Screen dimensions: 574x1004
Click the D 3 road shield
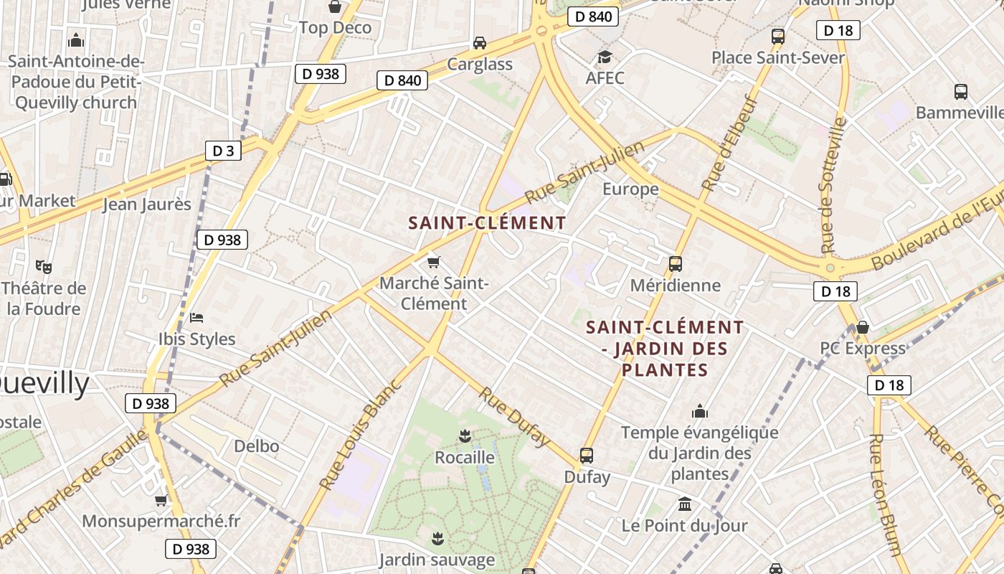(x=224, y=151)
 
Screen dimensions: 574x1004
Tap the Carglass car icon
(x=480, y=43)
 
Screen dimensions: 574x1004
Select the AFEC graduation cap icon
(x=605, y=57)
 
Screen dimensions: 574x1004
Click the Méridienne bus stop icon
(x=675, y=263)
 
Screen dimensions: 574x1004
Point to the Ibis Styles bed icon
(x=196, y=317)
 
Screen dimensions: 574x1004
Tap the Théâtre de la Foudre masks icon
(x=44, y=267)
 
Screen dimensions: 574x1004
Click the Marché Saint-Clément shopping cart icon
(x=433, y=262)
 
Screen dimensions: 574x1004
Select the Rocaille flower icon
(x=465, y=435)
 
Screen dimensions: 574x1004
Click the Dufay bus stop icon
(x=587, y=455)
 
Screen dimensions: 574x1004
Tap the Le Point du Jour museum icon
(x=684, y=504)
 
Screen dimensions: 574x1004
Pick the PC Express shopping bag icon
(x=863, y=327)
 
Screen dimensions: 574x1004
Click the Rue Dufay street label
(x=514, y=416)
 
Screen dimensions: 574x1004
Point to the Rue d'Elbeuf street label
(x=730, y=143)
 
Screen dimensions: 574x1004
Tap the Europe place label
(x=630, y=189)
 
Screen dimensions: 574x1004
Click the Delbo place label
(x=257, y=446)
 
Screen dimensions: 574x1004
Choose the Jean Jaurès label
(x=147, y=204)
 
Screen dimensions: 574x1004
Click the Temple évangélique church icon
(x=699, y=411)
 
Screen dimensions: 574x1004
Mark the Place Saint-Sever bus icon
(x=777, y=36)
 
